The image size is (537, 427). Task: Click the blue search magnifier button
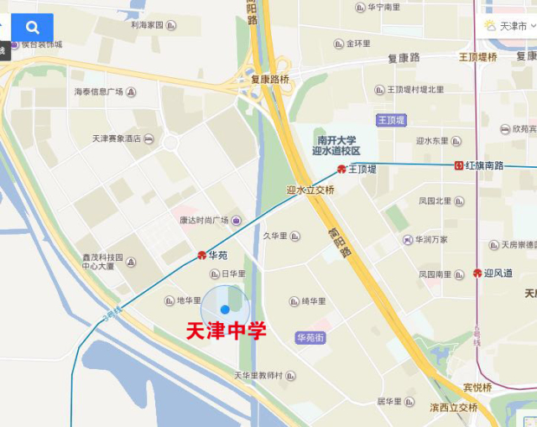(32, 28)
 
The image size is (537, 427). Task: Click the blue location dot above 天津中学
(225, 310)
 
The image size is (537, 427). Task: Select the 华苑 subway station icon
(202, 254)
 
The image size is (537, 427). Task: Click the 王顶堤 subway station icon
(341, 169)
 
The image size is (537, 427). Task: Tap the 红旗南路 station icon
(459, 165)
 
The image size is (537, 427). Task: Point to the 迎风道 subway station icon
(477, 273)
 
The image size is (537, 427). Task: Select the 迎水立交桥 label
(310, 190)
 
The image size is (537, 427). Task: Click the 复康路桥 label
(270, 80)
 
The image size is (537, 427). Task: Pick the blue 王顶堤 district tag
(391, 120)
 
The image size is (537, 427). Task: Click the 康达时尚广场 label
(205, 221)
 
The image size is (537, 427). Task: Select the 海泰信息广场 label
(98, 91)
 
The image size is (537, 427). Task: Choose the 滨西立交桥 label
(454, 407)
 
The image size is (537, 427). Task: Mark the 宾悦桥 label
(478, 388)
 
